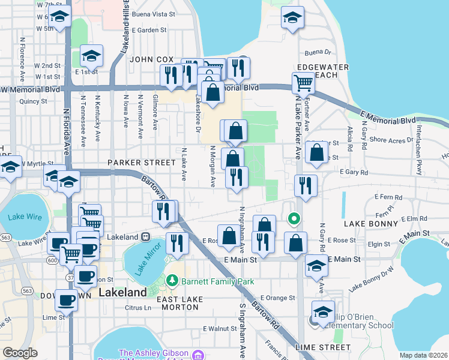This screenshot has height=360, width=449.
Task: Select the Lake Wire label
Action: tap(25, 217)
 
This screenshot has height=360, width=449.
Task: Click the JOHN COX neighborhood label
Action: tap(151, 60)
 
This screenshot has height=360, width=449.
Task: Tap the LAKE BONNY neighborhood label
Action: tap(372, 223)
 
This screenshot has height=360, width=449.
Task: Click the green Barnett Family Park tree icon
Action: tap(172, 281)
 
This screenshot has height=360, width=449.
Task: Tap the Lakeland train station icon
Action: tap(146, 237)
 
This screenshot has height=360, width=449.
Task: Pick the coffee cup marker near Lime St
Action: tap(65, 299)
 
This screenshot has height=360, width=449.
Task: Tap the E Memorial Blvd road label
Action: tap(388, 116)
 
